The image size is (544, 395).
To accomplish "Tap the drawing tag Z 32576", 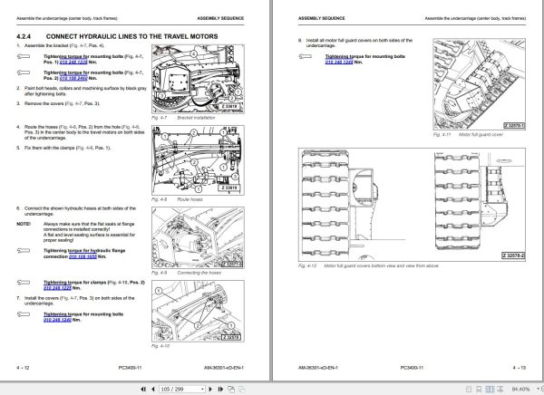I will (233, 337).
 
